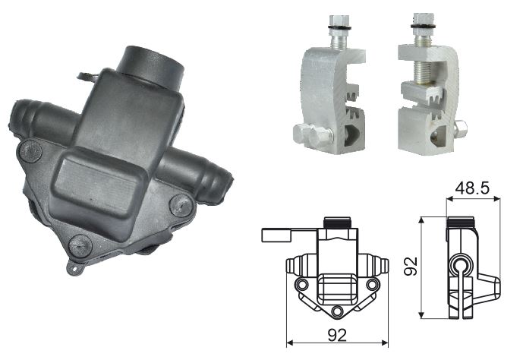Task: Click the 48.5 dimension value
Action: [472, 188]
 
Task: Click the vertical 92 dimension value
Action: [411, 266]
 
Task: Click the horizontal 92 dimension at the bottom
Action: [337, 335]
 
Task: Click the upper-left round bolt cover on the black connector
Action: [30, 151]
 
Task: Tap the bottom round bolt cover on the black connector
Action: [80, 246]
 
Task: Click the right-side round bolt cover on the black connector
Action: [181, 206]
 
